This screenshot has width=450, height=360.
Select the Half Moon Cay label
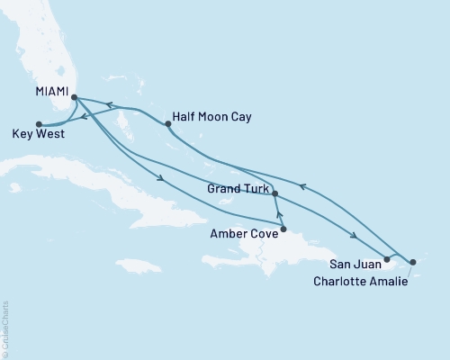tap(212, 118)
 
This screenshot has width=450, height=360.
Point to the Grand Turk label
tap(236, 190)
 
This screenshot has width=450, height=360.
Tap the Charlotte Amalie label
tap(360, 282)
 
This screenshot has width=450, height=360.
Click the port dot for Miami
tap(75, 98)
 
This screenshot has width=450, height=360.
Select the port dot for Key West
tap(38, 124)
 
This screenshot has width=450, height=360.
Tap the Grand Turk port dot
tap(274, 193)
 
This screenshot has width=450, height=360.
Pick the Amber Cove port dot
tap(283, 229)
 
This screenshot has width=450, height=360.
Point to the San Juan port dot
tap(386, 260)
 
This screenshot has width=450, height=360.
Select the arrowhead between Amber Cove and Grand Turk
tap(279, 214)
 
